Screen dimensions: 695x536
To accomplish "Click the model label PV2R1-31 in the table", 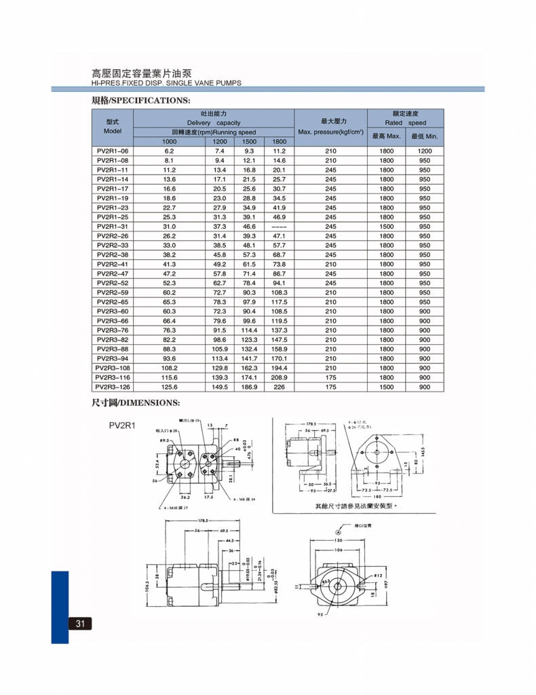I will [x=112, y=226].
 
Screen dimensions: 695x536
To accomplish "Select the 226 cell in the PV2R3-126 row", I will [x=279, y=387].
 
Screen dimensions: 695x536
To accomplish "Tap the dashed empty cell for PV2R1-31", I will [x=279, y=226].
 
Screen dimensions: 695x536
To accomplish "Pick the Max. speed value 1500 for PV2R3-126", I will [x=386, y=387].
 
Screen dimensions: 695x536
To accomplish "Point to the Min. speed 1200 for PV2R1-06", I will [x=424, y=151].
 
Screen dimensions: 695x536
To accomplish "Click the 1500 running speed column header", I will [x=249, y=141].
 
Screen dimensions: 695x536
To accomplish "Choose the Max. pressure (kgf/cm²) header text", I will [x=330, y=132].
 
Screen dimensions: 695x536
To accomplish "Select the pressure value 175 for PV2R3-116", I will [x=330, y=377].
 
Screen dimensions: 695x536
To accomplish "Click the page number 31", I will [x=80, y=624].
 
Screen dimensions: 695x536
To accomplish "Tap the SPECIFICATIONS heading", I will [x=140, y=100].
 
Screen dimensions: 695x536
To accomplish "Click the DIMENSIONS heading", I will [x=135, y=402].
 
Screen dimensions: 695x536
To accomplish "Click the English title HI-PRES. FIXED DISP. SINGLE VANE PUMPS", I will [x=166, y=83].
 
